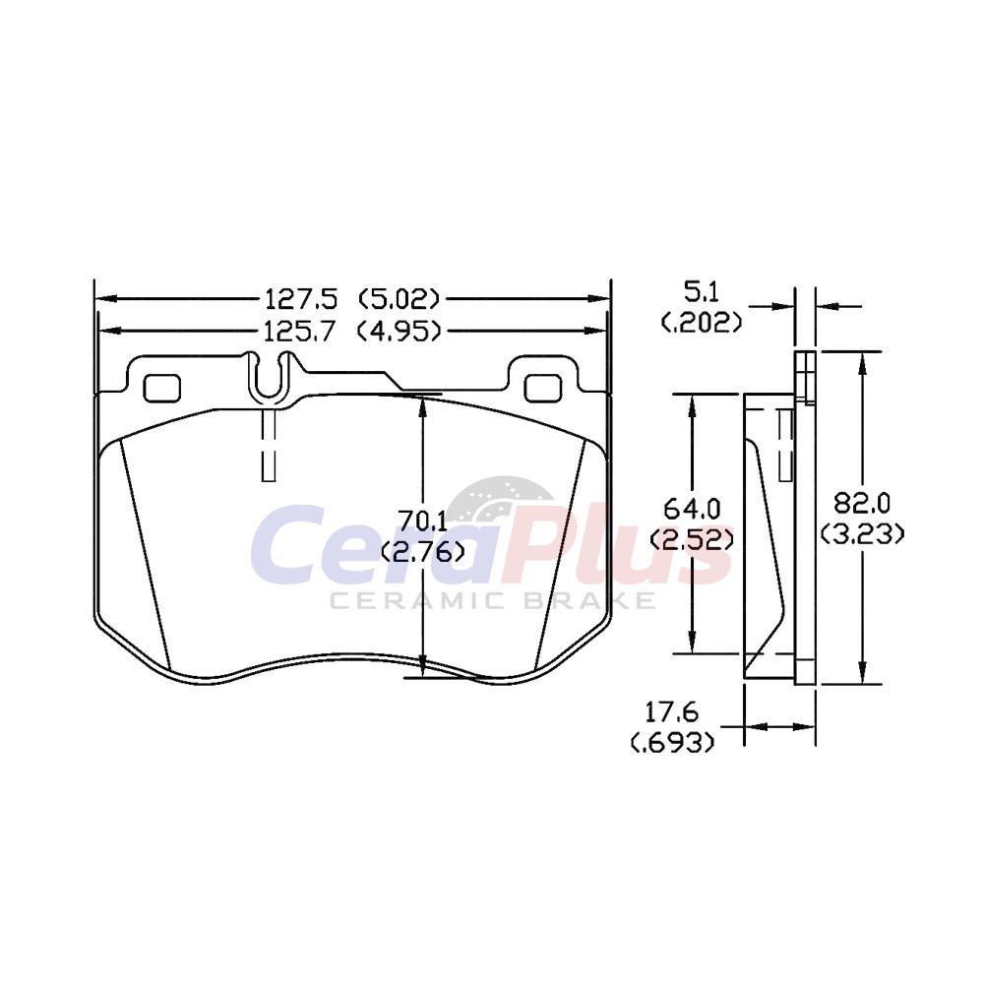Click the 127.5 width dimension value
301,299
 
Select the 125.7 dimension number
300,331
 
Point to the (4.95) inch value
399,331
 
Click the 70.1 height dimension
423,520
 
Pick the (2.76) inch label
423,551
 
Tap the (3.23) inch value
863,534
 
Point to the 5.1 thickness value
701,292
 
